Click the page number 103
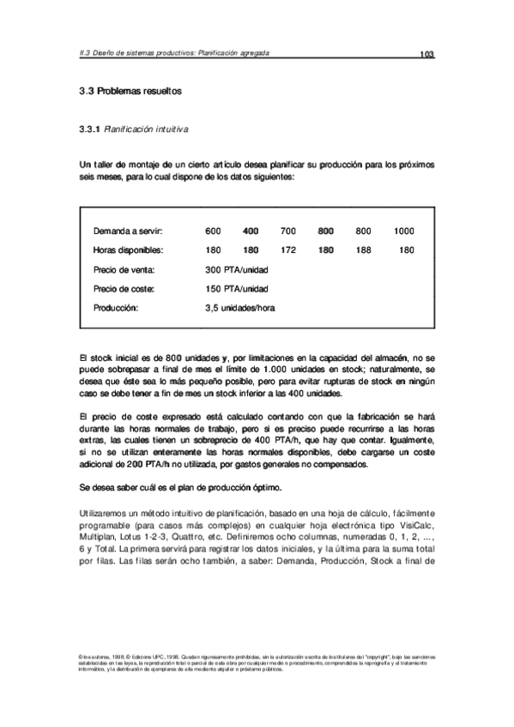426,55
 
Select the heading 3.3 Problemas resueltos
130,90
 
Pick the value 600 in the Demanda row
214,231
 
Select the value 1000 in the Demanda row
403,231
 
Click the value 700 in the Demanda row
287,231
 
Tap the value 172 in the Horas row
287,250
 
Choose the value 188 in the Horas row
363,250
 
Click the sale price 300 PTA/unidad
237,269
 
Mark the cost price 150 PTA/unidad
237,288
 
